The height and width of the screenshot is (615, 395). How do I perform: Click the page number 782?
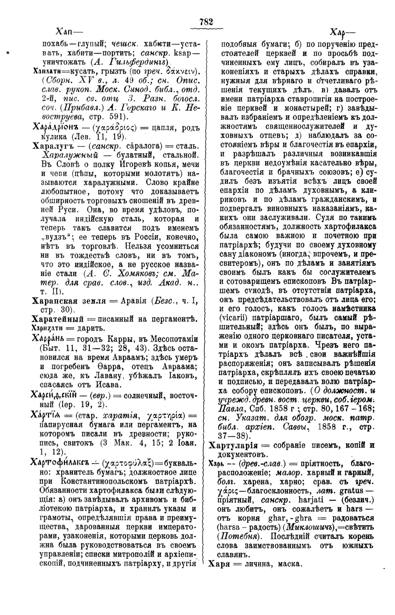point(206,22)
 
